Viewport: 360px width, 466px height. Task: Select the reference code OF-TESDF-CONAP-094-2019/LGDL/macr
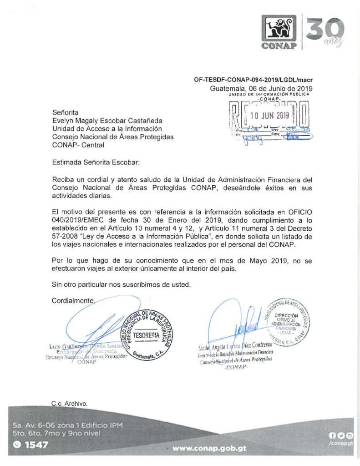pyautogui.click(x=253, y=80)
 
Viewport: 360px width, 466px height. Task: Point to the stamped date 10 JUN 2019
pyautogui.click(x=269, y=116)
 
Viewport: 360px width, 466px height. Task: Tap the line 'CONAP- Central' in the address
pyautogui.click(x=78, y=145)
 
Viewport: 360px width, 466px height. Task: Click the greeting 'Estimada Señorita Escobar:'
pyautogui.click(x=96, y=162)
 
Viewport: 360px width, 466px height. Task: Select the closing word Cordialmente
pyautogui.click(x=73, y=300)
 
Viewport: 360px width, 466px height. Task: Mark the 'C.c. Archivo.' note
pyautogui.click(x=69, y=403)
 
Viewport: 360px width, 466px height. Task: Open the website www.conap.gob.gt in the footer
pyautogui.click(x=210, y=448)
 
